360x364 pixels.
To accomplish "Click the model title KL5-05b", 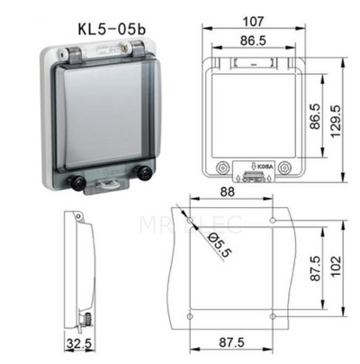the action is click(112, 29).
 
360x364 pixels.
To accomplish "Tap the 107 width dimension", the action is click(254, 22).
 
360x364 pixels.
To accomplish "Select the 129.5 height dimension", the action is click(337, 121).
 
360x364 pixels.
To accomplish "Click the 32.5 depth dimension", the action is click(79, 343).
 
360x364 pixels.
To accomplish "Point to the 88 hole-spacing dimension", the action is click(227, 192).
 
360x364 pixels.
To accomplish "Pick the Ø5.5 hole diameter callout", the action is click(220, 246).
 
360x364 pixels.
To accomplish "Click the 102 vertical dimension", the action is click(336, 267).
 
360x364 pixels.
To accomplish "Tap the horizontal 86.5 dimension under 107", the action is click(253, 41).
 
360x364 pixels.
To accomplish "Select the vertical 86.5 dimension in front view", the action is click(315, 116).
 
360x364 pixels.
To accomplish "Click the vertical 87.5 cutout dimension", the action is click(316, 268).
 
